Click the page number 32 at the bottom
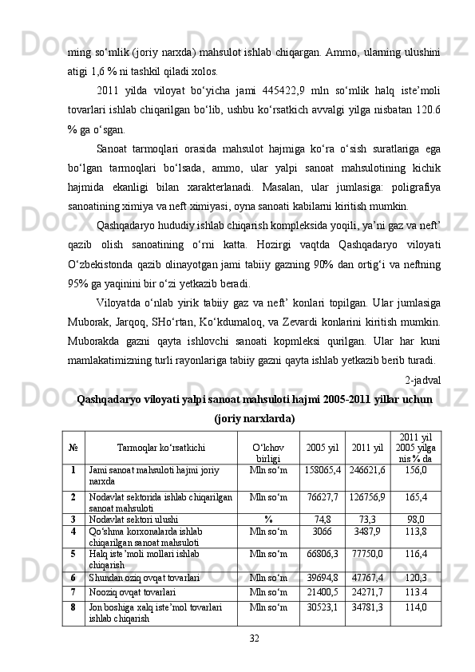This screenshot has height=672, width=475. click(254, 637)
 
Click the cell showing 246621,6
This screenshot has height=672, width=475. click(367, 471)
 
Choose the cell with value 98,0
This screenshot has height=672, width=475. click(416, 517)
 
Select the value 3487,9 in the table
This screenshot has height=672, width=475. click(367, 530)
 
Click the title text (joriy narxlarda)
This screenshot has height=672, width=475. click(255, 417)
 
